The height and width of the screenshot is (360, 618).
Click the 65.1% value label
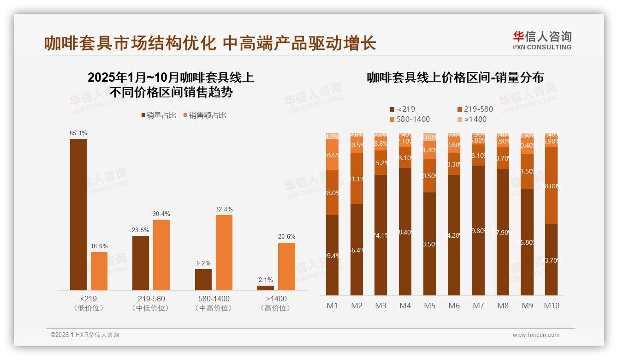tap(78, 133)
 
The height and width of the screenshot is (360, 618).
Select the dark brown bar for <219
tap(78, 214)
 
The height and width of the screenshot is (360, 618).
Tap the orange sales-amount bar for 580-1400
tap(224, 252)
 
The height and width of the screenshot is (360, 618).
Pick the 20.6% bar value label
tap(286, 237)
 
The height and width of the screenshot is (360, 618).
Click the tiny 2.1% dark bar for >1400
tap(266, 288)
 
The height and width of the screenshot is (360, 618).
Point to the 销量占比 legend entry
tap(159, 115)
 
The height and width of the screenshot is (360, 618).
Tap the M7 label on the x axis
tap(479, 306)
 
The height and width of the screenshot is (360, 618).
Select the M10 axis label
tap(552, 306)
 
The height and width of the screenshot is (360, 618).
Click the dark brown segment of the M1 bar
tap(333, 255)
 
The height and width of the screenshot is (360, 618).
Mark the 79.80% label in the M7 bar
tap(479, 231)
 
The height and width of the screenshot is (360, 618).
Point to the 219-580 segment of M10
tap(552, 186)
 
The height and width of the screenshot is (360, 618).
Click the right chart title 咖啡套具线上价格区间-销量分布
tap(455, 78)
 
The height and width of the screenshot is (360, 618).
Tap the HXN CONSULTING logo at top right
tap(542, 41)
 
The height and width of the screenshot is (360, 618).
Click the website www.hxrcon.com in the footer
tap(536, 335)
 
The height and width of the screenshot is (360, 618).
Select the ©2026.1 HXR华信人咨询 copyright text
tap(85, 335)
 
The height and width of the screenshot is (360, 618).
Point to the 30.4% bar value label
tap(161, 214)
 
